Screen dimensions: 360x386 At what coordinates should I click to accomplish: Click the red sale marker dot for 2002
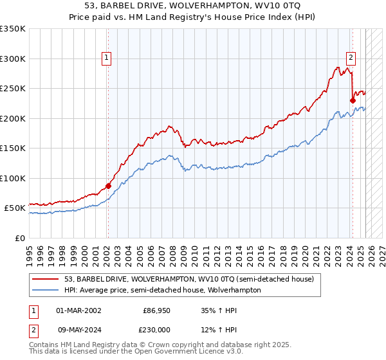pyautogui.click(x=108, y=186)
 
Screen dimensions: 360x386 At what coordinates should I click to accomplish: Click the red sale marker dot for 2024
pyautogui.click(x=353, y=100)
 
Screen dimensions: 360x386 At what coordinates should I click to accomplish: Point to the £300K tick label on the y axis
pyautogui.click(x=13, y=59)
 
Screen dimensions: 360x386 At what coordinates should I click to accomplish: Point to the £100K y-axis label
pyautogui.click(x=13, y=178)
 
